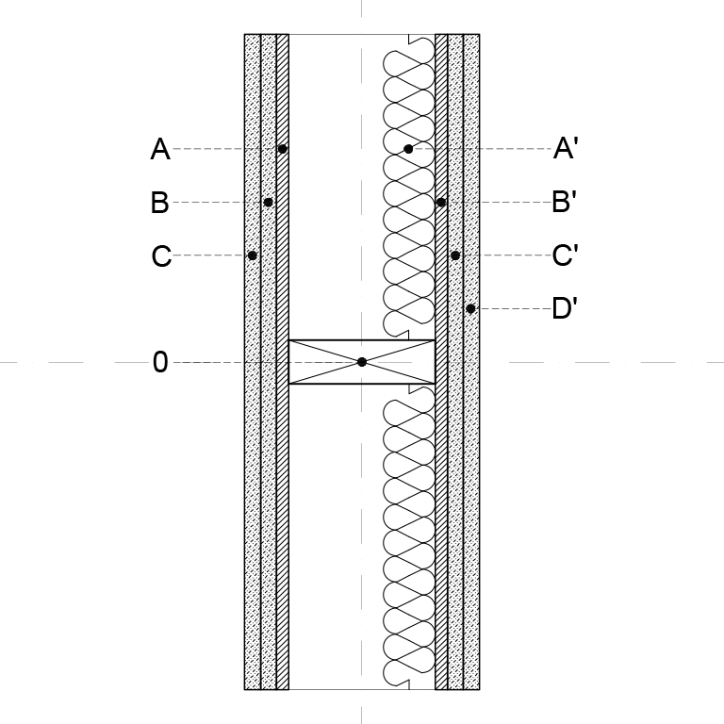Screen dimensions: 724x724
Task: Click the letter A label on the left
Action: [x=160, y=149]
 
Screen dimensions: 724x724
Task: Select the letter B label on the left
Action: [x=159, y=203]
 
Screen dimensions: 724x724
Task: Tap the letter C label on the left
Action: [x=161, y=255]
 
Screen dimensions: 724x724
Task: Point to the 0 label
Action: [x=160, y=362]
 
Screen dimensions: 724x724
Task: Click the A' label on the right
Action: [x=566, y=148]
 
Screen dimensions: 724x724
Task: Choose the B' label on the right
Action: [x=565, y=202]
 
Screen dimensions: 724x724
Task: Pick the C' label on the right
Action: [x=566, y=255]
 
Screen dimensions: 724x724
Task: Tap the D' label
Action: [x=565, y=308]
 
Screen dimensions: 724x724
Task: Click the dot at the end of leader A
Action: [x=283, y=149]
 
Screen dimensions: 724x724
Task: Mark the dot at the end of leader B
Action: [x=269, y=203]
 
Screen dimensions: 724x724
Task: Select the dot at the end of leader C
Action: [x=252, y=255]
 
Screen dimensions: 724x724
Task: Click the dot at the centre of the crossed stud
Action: [x=362, y=362]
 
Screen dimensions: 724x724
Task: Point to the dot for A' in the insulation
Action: [x=408, y=149]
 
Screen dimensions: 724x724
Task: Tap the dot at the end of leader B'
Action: [x=441, y=203]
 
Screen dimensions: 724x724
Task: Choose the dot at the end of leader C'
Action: [x=455, y=255]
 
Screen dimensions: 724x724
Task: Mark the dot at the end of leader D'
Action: [x=470, y=308]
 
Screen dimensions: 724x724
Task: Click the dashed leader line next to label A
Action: [x=225, y=149]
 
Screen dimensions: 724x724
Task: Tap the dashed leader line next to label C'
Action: [x=505, y=255]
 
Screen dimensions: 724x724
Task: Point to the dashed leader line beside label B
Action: [x=218, y=203]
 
